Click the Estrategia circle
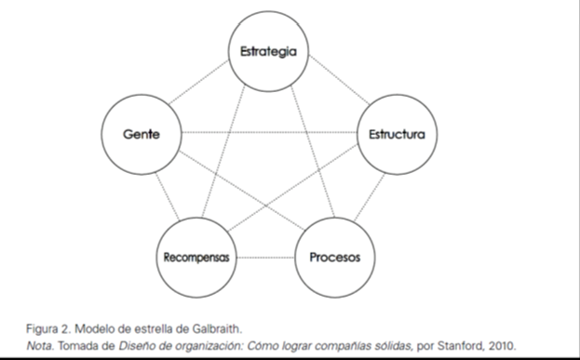(x=269, y=51)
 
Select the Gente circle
(x=141, y=135)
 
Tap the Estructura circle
(x=398, y=135)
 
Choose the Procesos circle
(x=335, y=256)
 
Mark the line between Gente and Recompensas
(x=162, y=193)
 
